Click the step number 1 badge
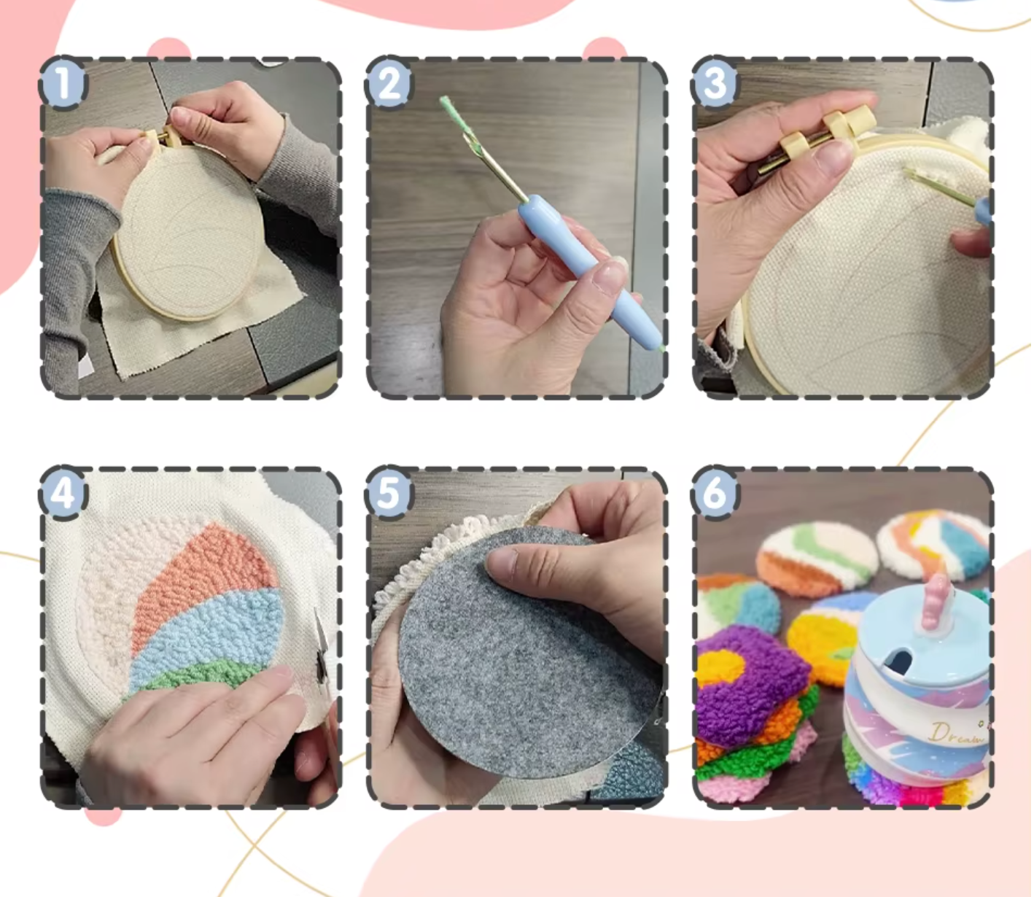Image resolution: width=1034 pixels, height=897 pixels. pos(63,83)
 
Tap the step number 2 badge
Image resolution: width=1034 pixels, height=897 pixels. pos(389,83)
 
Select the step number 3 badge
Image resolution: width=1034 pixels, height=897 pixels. pos(715,83)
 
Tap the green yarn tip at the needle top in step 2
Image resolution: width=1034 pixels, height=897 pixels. pos(446,106)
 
